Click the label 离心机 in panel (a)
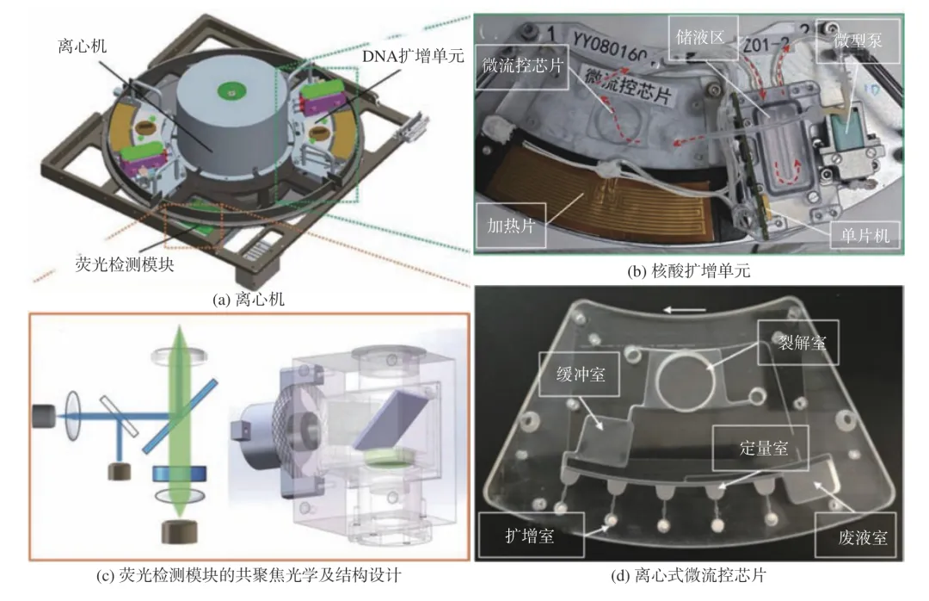pyautogui.click(x=83, y=46)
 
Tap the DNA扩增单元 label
pyautogui.click(x=413, y=56)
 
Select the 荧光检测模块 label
pyautogui.click(x=125, y=264)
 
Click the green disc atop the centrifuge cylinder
pyautogui.click(x=231, y=91)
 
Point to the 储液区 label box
pyautogui.click(x=704, y=37)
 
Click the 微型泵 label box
pyautogui.click(x=858, y=41)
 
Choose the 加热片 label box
pyautogui.click(x=511, y=226)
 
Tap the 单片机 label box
pyautogui.click(x=865, y=236)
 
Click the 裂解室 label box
pyautogui.click(x=798, y=343)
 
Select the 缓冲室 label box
pyautogui.click(x=580, y=375)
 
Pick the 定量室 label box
pyautogui.click(x=761, y=448)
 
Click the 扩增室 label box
pyautogui.click(x=531, y=536)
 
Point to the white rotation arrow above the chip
pyautogui.click(x=685, y=310)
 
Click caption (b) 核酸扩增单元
pyautogui.click(x=688, y=272)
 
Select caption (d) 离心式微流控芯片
pyautogui.click(x=688, y=575)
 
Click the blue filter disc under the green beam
pyautogui.click(x=180, y=474)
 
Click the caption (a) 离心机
pyautogui.click(x=249, y=300)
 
